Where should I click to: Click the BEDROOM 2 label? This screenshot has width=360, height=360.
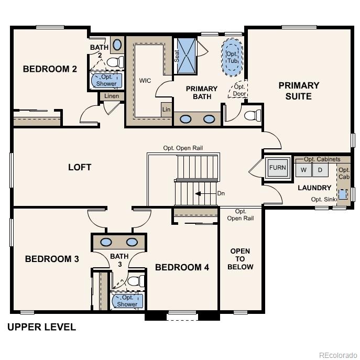pyautogui.click(x=50, y=69)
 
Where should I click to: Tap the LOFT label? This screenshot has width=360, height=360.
pyautogui.click(x=80, y=167)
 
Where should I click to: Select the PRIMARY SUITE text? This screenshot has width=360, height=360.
pyautogui.click(x=299, y=91)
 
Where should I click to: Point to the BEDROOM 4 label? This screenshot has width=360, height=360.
pyautogui.click(x=182, y=267)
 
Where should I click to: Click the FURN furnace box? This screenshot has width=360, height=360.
pyautogui.click(x=277, y=168)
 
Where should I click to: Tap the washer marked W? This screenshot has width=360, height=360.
pyautogui.click(x=303, y=170)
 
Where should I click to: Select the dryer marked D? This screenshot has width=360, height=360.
pyautogui.click(x=320, y=170)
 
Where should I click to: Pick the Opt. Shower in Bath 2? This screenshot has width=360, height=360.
pyautogui.click(x=107, y=80)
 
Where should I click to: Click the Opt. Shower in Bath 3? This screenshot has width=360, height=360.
pyautogui.click(x=127, y=301)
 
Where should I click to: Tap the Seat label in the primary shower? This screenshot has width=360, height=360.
pyautogui.click(x=177, y=56)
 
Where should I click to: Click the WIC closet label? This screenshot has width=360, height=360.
pyautogui.click(x=145, y=81)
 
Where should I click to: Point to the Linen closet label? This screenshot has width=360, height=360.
pyautogui.click(x=112, y=96)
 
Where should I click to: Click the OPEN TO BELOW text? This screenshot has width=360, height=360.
pyautogui.click(x=241, y=259)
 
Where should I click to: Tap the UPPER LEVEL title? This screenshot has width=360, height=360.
pyautogui.click(x=41, y=328)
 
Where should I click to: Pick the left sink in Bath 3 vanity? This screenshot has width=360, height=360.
pyautogui.click(x=106, y=242)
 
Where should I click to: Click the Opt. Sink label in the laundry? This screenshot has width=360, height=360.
pyautogui.click(x=323, y=199)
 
